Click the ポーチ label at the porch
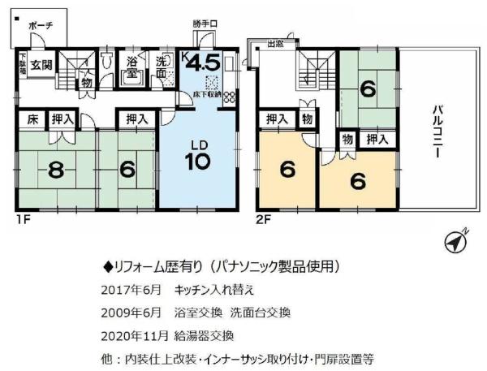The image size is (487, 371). (x=40, y=26)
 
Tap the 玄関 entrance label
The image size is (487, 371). (x=42, y=65)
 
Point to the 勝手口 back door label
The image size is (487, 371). (x=205, y=24)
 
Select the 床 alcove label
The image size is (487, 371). (x=29, y=119)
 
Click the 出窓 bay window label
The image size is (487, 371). (x=274, y=45)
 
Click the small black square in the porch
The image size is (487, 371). (x=17, y=17)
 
